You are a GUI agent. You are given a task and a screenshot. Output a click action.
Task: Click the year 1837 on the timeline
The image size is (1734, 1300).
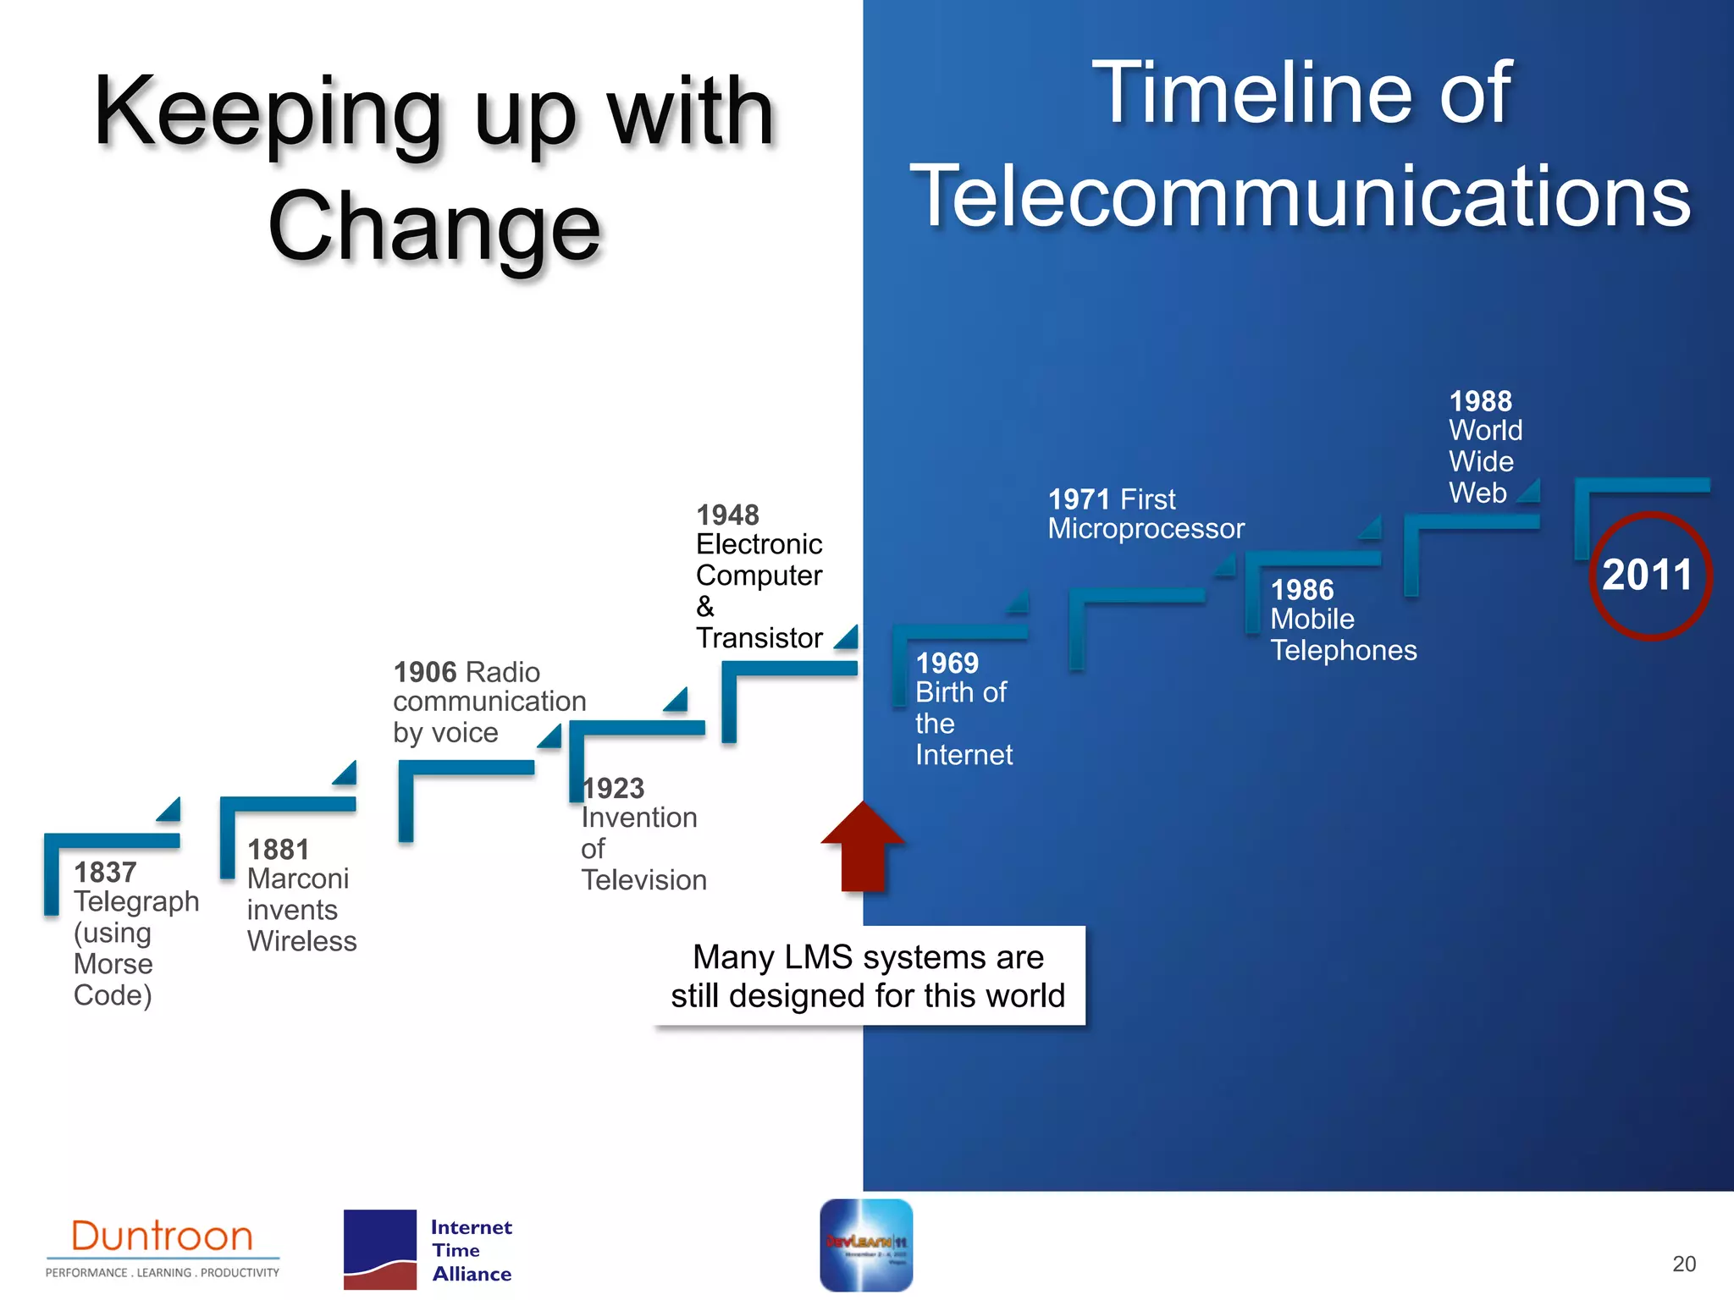click(105, 873)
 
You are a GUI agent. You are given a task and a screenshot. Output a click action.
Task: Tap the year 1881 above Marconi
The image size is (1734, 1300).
click(279, 850)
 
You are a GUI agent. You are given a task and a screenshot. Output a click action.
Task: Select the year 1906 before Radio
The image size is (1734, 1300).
click(425, 673)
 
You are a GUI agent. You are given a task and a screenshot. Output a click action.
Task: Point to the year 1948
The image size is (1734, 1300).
click(727, 515)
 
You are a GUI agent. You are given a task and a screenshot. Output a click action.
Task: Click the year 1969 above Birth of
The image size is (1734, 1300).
click(947, 664)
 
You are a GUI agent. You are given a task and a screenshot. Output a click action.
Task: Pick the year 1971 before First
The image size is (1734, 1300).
click(1079, 499)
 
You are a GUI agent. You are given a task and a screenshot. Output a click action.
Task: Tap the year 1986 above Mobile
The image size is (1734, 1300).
click(1301, 590)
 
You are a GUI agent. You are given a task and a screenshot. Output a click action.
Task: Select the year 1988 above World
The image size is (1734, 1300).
click(1480, 401)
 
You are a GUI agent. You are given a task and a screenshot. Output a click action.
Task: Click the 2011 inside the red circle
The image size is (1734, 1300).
click(1648, 576)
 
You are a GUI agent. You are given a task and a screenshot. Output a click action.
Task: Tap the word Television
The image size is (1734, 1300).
click(643, 880)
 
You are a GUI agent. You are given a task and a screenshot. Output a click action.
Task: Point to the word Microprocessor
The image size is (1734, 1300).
click(1146, 529)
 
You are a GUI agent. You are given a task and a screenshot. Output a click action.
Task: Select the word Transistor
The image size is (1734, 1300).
click(759, 638)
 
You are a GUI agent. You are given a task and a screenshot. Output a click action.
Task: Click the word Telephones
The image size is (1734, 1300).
click(1343, 651)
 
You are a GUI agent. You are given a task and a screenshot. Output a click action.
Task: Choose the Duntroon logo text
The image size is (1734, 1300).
click(162, 1237)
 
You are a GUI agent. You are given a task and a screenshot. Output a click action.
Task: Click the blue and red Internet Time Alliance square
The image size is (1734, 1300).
click(379, 1249)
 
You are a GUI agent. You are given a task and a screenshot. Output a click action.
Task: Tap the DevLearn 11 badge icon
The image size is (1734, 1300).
click(865, 1245)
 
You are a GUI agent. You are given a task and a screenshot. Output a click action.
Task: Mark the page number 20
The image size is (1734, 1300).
click(1683, 1264)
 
